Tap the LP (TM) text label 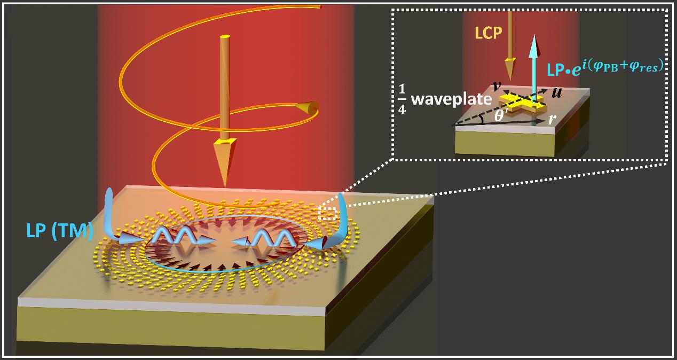click(x=59, y=231)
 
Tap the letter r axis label click(x=551, y=120)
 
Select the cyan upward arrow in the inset click(x=533, y=64)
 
